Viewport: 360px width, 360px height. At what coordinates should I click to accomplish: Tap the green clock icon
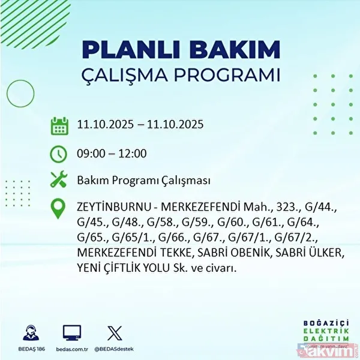(x=59, y=154)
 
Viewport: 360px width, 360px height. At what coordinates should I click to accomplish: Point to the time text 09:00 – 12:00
(x=112, y=154)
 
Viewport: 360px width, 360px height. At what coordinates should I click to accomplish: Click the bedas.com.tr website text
(x=71, y=348)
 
